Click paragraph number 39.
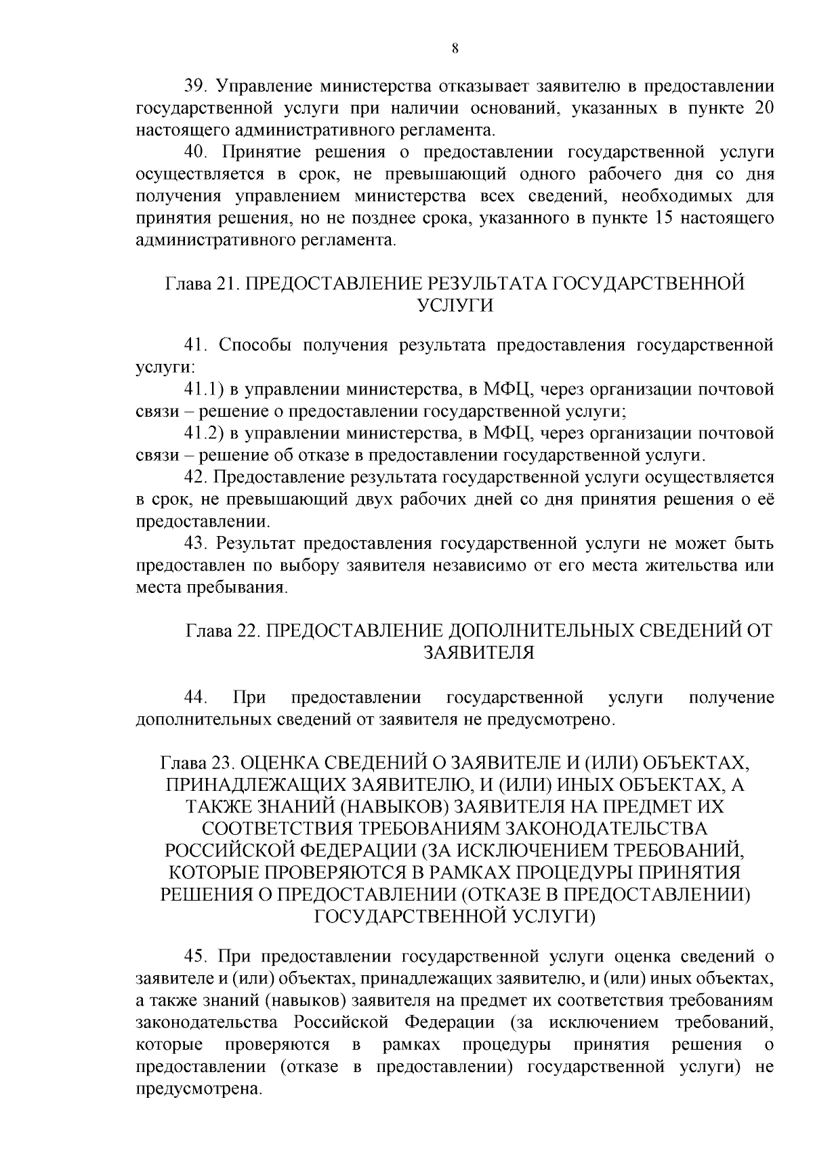coord(199,87)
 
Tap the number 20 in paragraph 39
coord(763,108)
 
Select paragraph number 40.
coord(199,152)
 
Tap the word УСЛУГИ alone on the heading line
coord(455,306)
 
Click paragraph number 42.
coord(197,477)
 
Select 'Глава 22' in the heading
coord(219,631)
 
